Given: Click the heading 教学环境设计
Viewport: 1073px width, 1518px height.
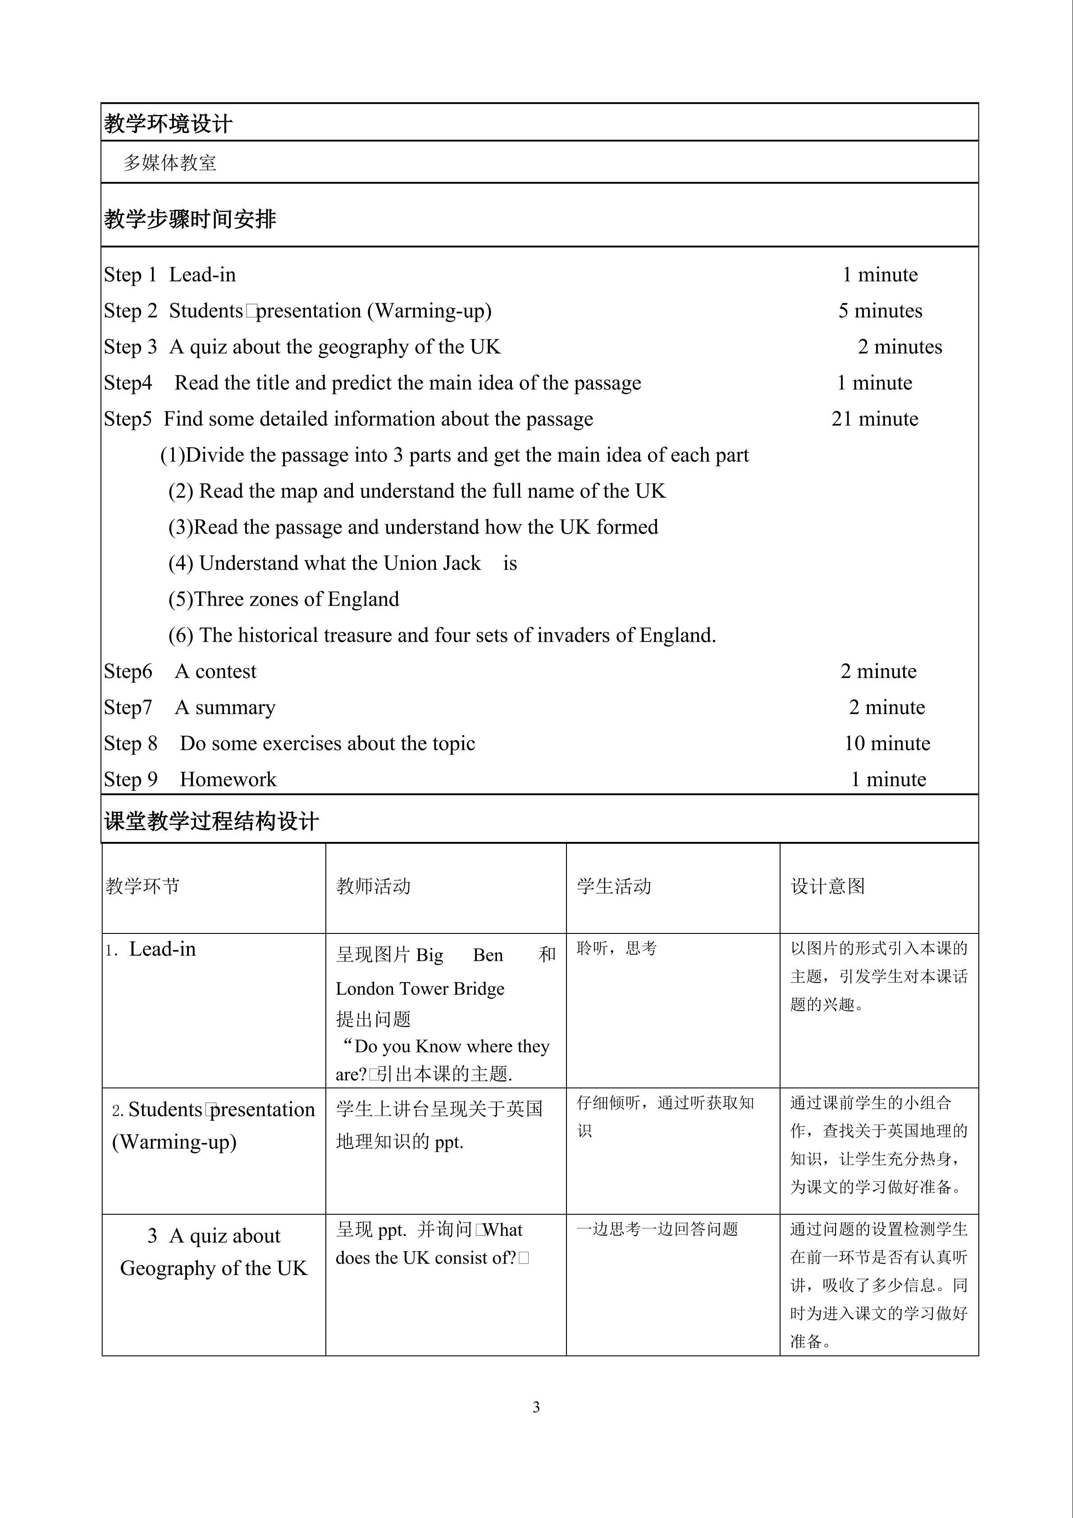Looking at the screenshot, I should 168,123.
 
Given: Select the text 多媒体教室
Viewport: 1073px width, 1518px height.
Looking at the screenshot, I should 170,163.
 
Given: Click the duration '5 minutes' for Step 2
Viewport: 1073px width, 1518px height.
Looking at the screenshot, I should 880,311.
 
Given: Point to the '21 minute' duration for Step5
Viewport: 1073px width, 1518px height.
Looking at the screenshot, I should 875,419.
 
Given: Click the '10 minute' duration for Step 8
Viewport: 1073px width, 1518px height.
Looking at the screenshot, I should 886,744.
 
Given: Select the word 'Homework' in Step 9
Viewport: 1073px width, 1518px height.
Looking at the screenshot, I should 228,779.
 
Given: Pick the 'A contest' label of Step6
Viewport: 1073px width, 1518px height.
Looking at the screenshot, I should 215,672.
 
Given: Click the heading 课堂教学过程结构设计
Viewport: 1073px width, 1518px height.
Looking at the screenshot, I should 211,822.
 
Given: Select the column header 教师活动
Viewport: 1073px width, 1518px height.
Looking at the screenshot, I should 374,886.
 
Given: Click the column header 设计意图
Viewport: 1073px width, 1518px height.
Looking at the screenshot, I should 828,886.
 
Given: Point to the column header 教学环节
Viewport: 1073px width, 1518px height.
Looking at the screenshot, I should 143,886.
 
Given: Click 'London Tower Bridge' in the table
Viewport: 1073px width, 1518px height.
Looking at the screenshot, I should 420,988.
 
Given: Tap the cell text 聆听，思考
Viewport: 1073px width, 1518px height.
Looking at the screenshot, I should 616,949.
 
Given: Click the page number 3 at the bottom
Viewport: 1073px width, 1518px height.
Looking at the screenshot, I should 536,1407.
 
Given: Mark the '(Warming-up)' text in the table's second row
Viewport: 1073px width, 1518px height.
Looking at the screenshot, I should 174,1142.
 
